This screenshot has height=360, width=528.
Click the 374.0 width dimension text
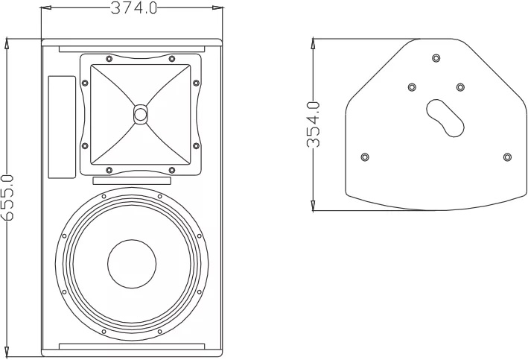click(134, 9)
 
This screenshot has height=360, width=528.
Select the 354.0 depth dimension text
click(313, 124)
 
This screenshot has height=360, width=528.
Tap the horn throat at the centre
click(141, 114)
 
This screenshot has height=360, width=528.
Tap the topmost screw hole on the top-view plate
click(436, 57)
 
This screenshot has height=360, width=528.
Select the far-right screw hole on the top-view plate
click(507, 157)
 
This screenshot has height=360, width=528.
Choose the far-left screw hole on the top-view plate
click(364, 157)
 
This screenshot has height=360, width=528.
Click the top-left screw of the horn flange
click(109, 59)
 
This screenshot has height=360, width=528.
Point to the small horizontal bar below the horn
click(132, 181)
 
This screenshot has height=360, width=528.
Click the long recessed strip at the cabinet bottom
click(132, 346)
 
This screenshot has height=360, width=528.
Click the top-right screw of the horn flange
click(172, 59)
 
